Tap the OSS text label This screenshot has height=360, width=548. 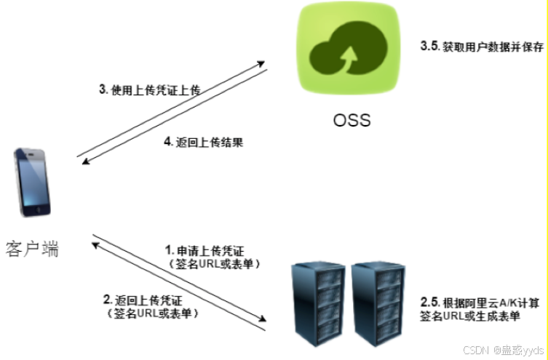351,119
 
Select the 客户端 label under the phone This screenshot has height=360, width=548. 32,249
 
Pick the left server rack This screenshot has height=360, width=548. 316,299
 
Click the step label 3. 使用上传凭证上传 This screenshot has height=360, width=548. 149,90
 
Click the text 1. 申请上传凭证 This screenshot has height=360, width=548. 206,249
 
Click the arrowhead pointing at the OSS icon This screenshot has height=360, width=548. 262,64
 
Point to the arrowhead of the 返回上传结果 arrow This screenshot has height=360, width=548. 81,163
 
